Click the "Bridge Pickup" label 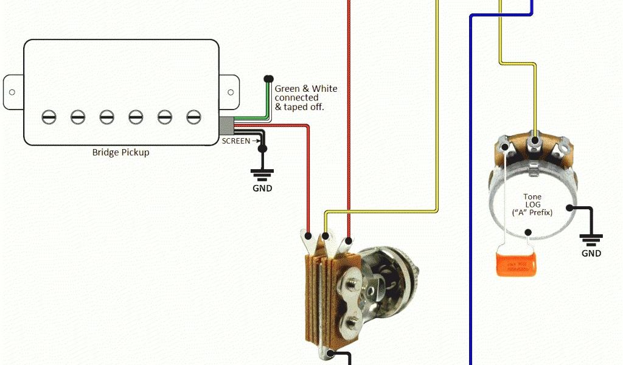(120, 152)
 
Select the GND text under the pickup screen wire (262, 188)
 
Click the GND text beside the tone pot (591, 253)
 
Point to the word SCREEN (235, 141)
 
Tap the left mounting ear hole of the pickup (12, 92)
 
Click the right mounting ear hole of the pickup (231, 92)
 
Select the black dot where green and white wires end (268, 78)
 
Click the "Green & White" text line (305, 89)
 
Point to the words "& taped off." (299, 106)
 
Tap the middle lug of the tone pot (535, 141)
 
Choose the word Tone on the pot (532, 196)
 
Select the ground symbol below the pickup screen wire (262, 175)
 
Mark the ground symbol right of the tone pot (591, 238)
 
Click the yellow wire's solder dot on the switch (326, 236)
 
